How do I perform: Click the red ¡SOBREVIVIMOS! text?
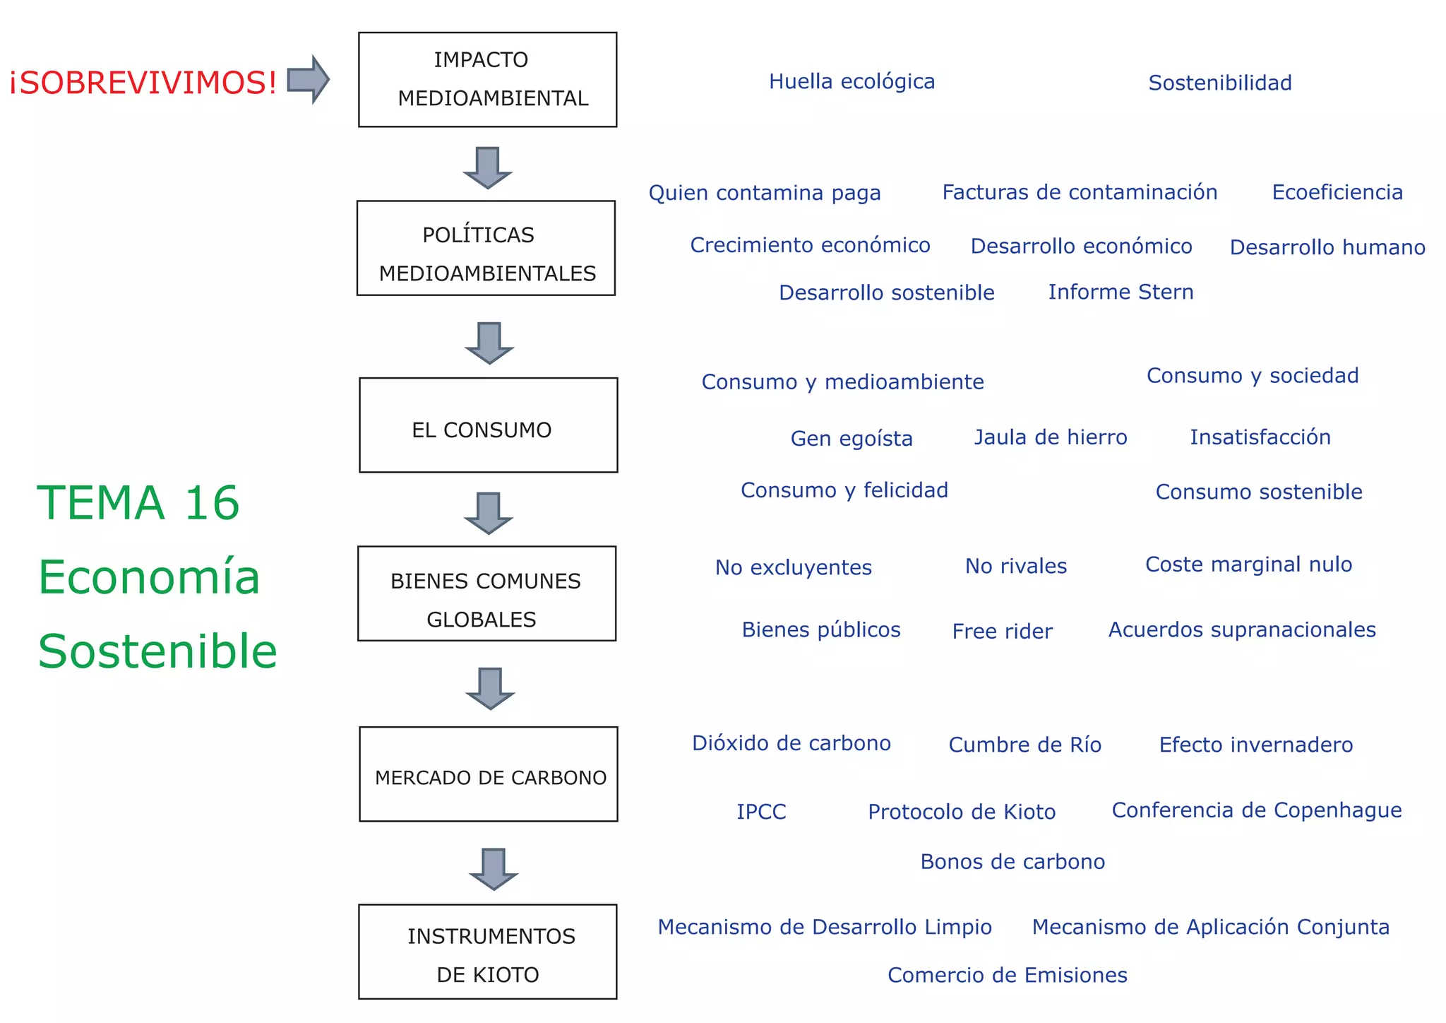[143, 83]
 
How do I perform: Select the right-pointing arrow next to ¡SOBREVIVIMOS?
[308, 79]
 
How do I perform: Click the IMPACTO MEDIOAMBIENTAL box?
[487, 80]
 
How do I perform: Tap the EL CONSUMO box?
[488, 425]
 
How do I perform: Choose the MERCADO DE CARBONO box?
[488, 774]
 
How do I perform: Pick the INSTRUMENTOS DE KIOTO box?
[487, 952]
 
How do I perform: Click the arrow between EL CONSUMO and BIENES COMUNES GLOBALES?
[488, 513]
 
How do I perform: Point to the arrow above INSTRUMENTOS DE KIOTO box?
[493, 868]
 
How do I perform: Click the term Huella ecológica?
[852, 82]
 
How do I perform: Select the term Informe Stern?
[1121, 292]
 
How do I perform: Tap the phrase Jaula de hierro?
[1051, 437]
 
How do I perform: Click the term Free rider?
[1002, 631]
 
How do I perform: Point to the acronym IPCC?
[761, 812]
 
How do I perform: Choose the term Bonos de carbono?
[1012, 862]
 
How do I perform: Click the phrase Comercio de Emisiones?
[1007, 975]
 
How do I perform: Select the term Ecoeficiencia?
[1337, 192]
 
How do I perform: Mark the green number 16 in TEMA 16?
[212, 503]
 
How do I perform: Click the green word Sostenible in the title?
[157, 651]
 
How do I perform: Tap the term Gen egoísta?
[852, 439]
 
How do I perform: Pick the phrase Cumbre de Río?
[1024, 745]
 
